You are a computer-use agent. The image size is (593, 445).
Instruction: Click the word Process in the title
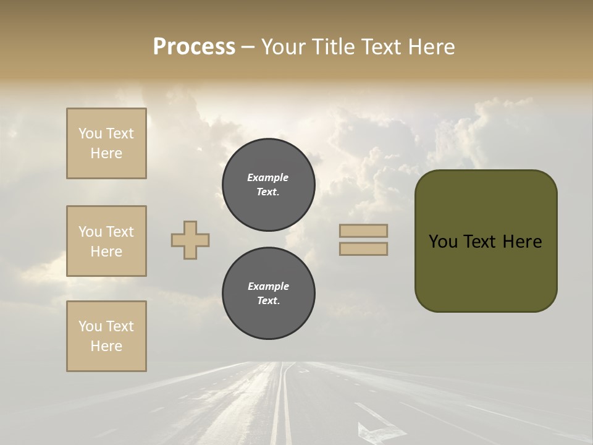(194, 47)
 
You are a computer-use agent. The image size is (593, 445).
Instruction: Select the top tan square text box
(106, 143)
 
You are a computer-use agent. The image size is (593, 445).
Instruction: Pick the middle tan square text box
(106, 241)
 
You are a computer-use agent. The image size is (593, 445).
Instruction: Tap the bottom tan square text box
(106, 336)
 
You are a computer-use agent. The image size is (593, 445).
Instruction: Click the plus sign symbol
(190, 240)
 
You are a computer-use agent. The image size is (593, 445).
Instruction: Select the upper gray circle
(268, 185)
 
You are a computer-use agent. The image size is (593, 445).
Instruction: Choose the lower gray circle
(268, 294)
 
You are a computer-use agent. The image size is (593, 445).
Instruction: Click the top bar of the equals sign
(363, 231)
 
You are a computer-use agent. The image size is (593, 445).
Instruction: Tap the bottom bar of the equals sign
(363, 249)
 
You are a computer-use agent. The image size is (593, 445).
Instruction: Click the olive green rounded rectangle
(486, 272)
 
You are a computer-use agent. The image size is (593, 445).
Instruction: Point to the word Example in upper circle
(267, 178)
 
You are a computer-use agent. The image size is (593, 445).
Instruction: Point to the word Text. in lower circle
(267, 301)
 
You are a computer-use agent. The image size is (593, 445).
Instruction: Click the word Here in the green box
(522, 242)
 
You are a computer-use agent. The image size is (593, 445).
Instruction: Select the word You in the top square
(90, 133)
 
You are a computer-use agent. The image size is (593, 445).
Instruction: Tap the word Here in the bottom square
(106, 347)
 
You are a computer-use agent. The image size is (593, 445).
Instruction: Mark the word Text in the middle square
(120, 232)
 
